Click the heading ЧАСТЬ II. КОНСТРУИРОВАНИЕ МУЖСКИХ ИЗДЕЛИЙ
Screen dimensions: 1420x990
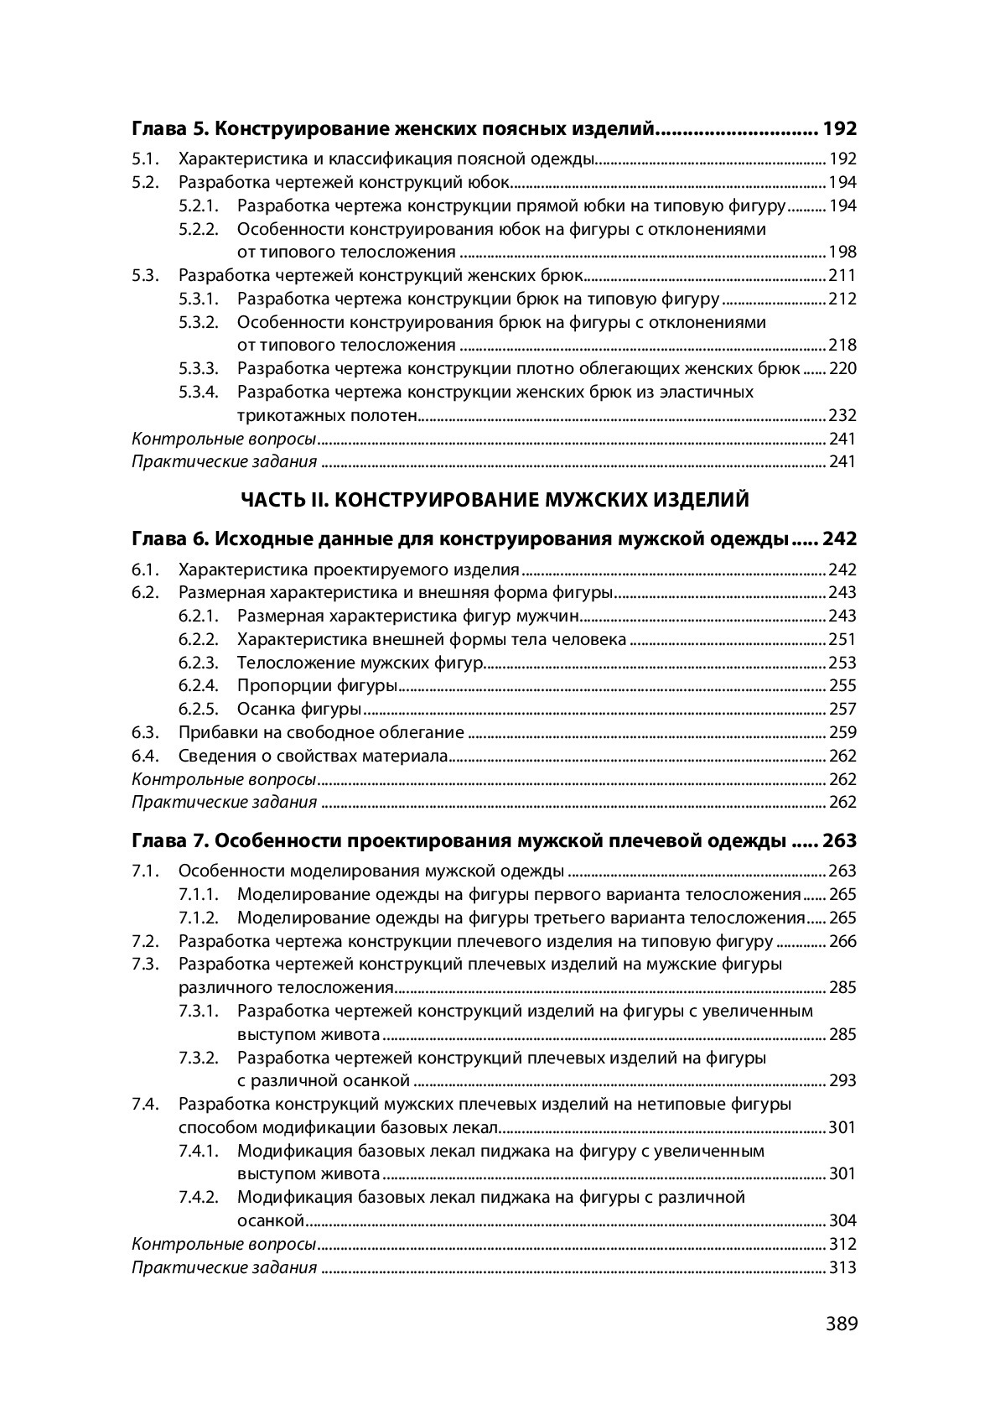[495, 501]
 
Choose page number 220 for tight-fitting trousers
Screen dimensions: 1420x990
[842, 369]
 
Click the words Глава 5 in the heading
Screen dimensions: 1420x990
[168, 129]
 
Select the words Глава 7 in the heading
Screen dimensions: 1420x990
[168, 840]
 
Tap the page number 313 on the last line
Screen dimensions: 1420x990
[842, 1267]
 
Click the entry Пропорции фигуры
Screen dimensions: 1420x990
[317, 686]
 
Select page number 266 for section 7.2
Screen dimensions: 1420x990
[842, 941]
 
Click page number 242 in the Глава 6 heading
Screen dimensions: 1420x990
[839, 538]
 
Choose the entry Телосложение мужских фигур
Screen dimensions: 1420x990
[360, 663]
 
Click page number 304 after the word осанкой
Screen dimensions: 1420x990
[842, 1220]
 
